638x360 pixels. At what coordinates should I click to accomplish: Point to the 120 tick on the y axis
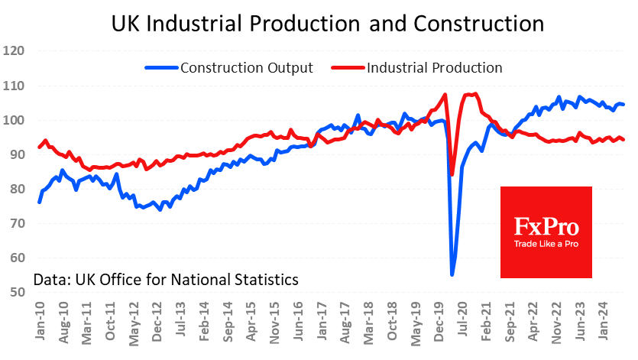pos(15,52)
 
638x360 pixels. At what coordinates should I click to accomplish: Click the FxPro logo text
pos(546,227)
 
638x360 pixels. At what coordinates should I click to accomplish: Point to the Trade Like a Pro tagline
pos(546,242)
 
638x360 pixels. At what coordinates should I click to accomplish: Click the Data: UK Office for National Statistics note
pos(165,280)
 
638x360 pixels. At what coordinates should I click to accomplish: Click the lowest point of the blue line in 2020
pos(452,275)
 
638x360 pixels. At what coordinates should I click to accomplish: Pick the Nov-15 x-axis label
pos(273,320)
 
